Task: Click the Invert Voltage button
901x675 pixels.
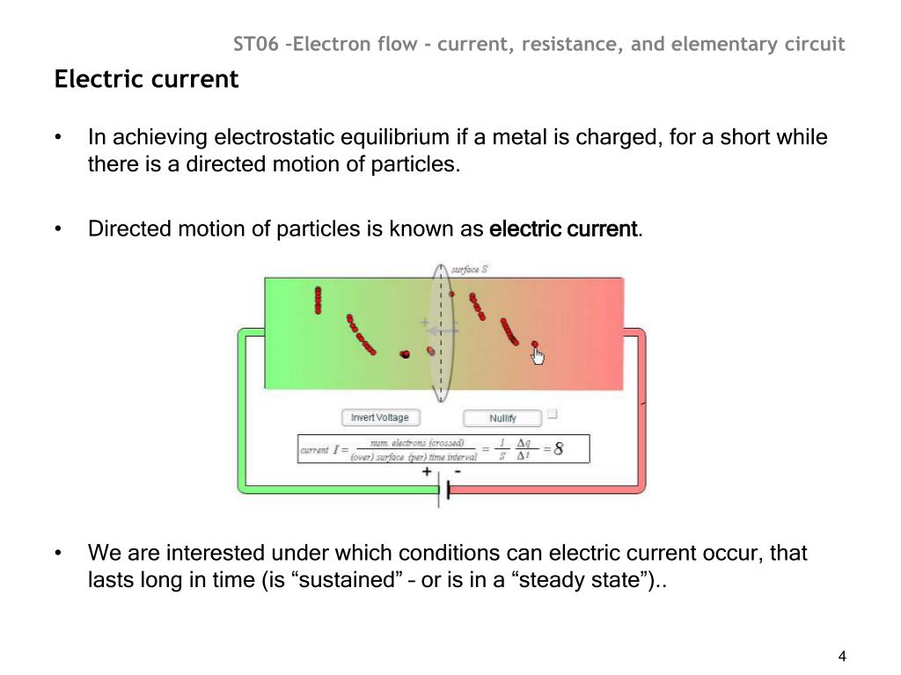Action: [x=380, y=417]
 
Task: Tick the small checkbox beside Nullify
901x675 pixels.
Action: [x=553, y=413]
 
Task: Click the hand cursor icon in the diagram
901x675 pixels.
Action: [x=538, y=355]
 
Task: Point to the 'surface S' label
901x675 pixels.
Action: [x=469, y=269]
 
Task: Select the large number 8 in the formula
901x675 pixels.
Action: [x=558, y=450]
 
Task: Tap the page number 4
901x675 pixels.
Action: [x=842, y=657]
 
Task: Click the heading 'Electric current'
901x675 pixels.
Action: [x=146, y=80]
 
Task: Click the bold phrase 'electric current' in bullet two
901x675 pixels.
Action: [x=562, y=229]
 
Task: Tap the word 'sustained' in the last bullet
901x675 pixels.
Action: [x=356, y=581]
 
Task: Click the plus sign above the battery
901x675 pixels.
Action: [x=427, y=472]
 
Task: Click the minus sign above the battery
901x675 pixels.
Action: [x=458, y=472]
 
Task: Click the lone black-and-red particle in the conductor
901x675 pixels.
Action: [x=405, y=354]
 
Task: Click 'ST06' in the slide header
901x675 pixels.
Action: [x=260, y=44]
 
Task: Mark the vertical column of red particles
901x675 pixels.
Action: [x=318, y=300]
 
